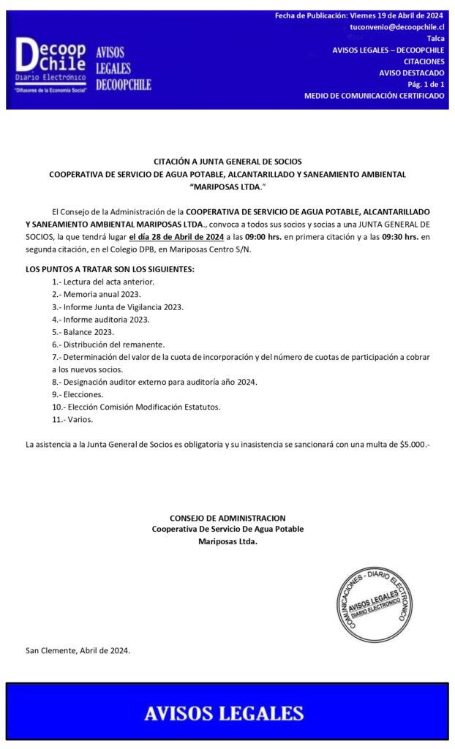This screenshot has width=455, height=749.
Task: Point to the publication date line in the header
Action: (359, 15)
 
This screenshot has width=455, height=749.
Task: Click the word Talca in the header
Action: (435, 38)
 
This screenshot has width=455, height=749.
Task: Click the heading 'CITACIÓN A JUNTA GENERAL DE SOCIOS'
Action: (227, 162)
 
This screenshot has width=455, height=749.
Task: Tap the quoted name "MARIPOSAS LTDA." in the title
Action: (227, 187)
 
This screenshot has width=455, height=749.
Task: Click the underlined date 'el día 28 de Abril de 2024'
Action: (176, 237)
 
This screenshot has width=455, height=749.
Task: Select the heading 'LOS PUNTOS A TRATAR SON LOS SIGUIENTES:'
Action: (110, 269)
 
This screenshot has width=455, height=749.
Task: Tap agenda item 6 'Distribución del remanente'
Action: (108, 344)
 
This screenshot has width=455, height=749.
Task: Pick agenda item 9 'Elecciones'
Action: (78, 394)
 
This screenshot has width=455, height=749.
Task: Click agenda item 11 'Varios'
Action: (72, 419)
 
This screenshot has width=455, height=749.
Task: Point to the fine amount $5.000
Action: (414, 444)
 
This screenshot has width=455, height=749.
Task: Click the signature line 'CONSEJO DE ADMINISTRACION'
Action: (227, 518)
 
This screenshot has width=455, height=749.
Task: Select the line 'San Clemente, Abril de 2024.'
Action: (78, 650)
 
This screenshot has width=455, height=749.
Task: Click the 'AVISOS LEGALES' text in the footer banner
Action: (224, 713)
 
